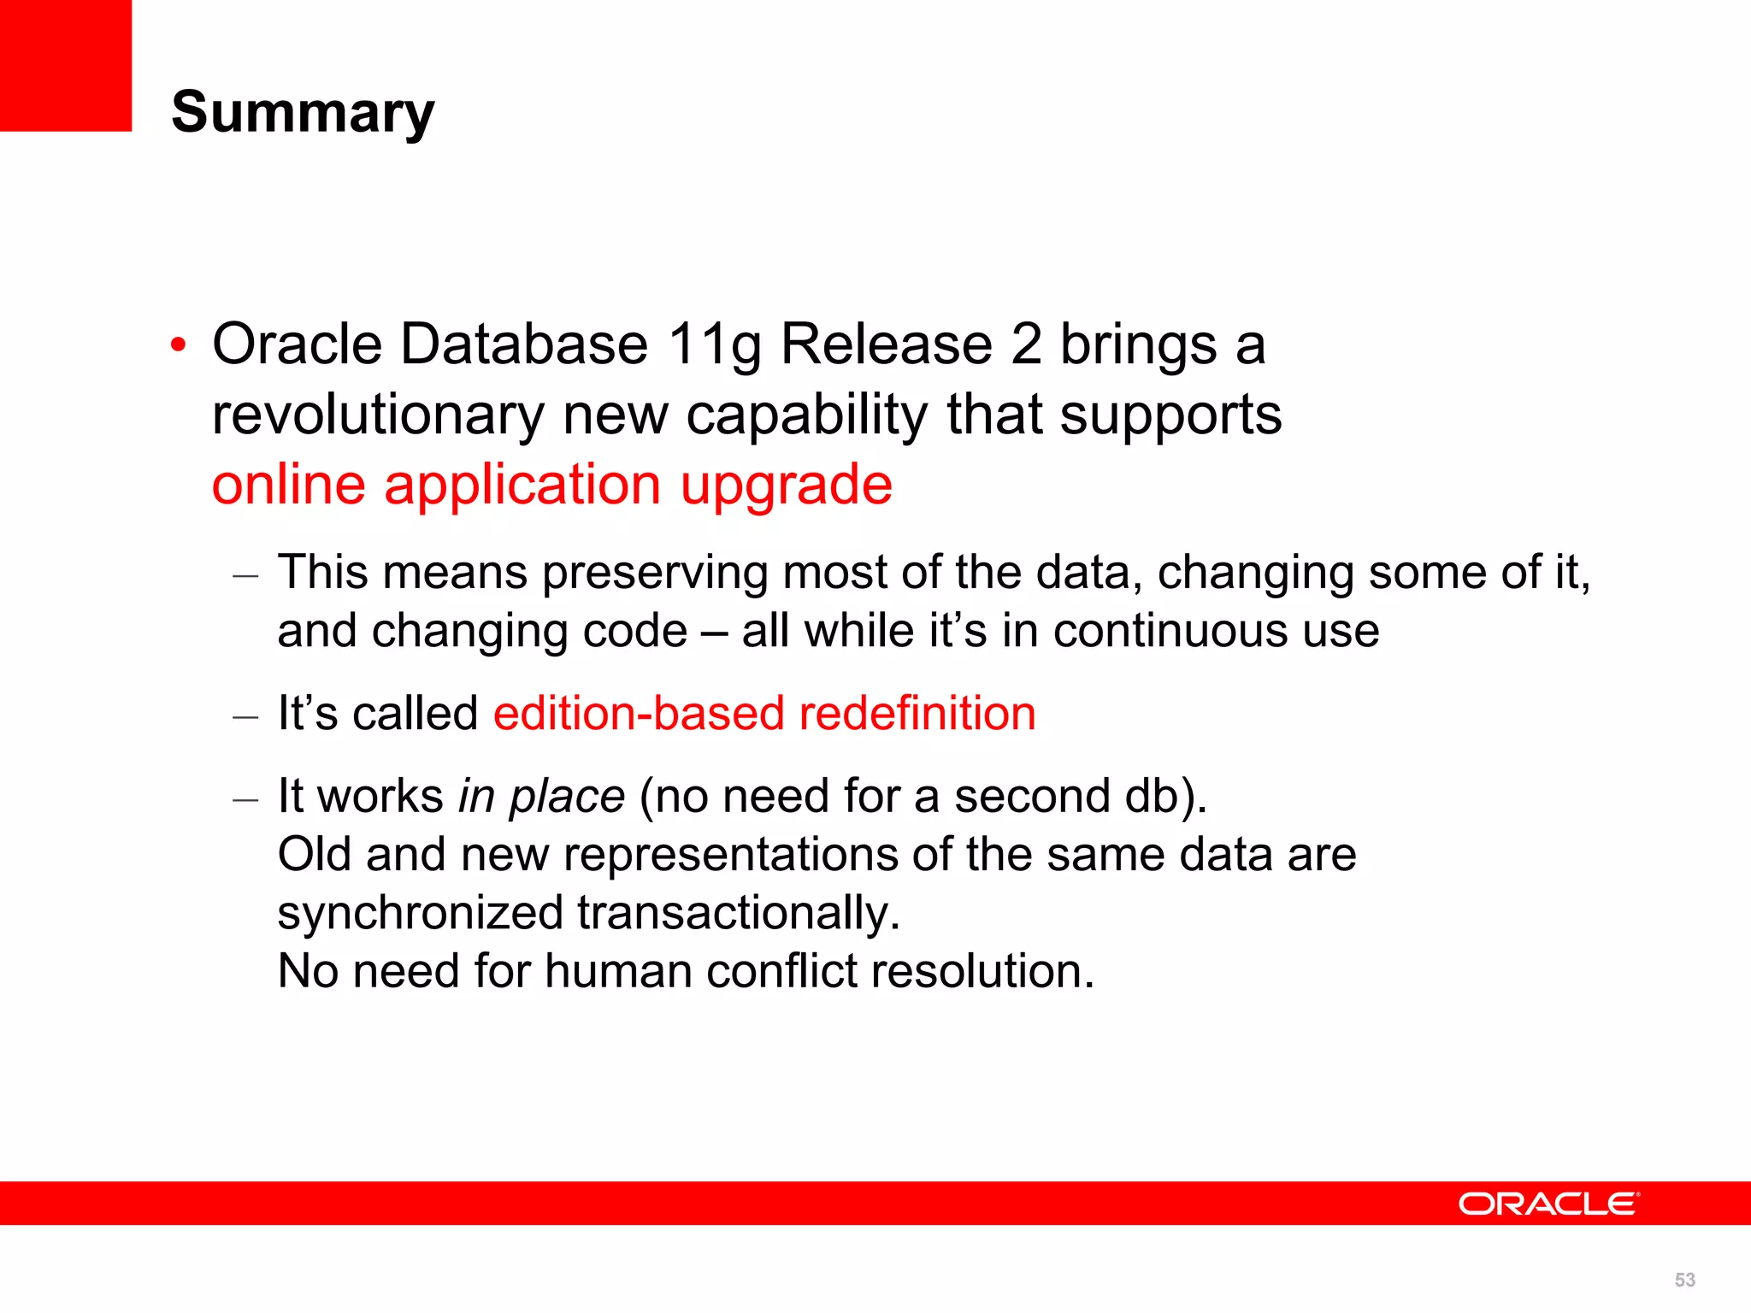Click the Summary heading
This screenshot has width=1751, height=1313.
[303, 112]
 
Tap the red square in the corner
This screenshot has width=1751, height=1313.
[65, 65]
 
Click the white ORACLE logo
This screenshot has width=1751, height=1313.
[1548, 1204]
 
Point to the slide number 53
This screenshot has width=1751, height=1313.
[1684, 1280]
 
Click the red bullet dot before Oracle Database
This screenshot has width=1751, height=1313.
[178, 346]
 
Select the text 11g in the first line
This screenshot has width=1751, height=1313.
[714, 344]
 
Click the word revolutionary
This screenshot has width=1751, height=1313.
[377, 415]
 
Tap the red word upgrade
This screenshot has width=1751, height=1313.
[786, 486]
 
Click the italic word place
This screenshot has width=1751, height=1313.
[567, 797]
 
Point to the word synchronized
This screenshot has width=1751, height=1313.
[420, 912]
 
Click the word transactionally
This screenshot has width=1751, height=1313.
[738, 912]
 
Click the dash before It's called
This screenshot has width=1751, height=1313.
[245, 716]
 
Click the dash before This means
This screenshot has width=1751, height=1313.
[245, 575]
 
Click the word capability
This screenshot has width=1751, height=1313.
[806, 415]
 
